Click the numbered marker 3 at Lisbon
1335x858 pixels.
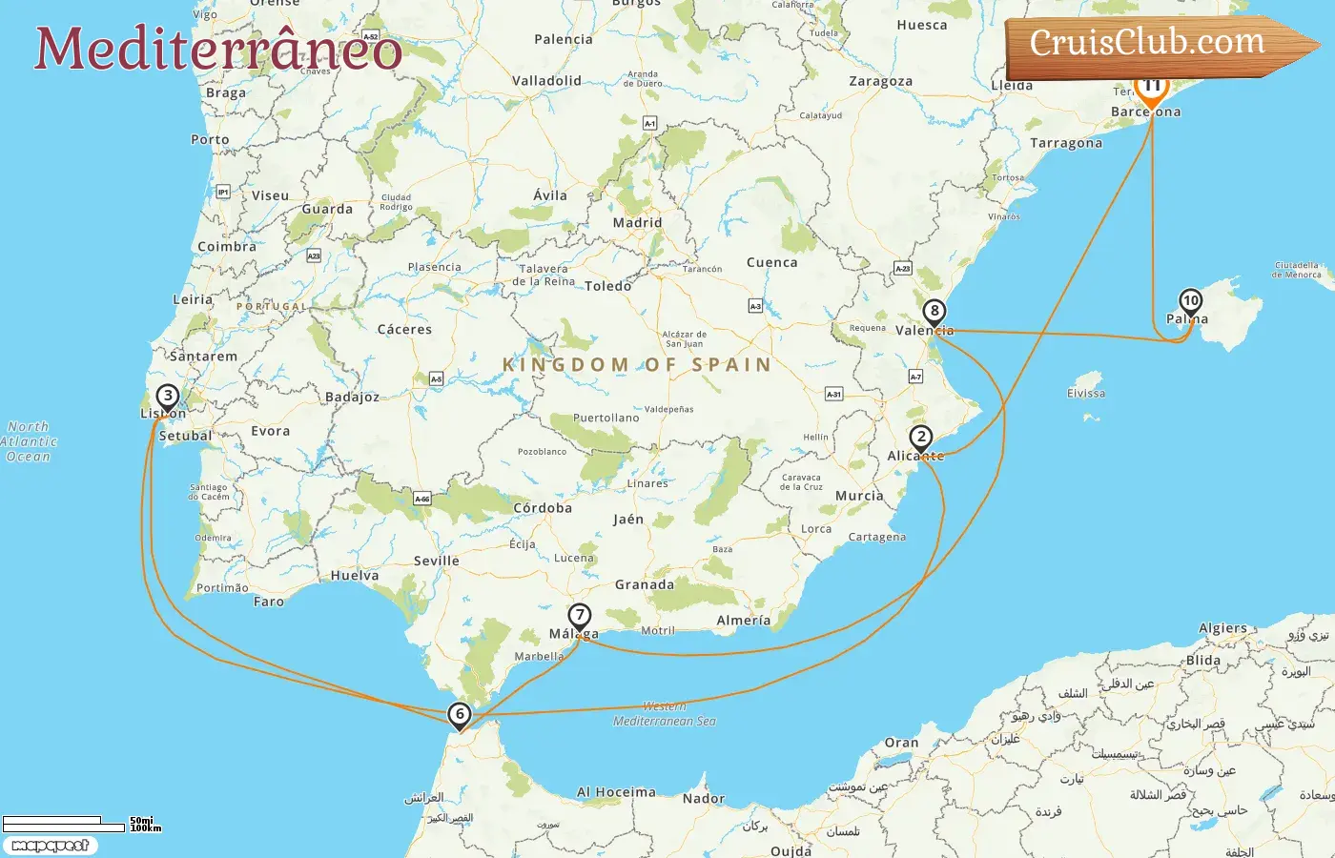coord(168,397)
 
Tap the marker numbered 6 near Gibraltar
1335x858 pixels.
coord(460,714)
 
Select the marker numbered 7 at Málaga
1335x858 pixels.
coord(579,616)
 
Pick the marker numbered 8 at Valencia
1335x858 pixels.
coord(934,312)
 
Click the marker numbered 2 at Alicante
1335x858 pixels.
coord(920,439)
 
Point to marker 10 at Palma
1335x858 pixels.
coord(1190,301)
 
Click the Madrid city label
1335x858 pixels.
coord(637,223)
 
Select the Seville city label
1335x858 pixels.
coord(437,561)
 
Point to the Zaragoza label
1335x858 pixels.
coord(880,82)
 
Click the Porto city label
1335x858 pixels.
coord(210,139)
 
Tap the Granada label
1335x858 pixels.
coord(645,584)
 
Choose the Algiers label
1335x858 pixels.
coord(1222,628)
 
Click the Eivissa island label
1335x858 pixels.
coord(1086,393)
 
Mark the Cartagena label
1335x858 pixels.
coord(877,537)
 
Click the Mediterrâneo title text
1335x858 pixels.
coord(217,48)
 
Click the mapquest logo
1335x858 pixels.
coord(50,846)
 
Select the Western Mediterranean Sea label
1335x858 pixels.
coord(665,714)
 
